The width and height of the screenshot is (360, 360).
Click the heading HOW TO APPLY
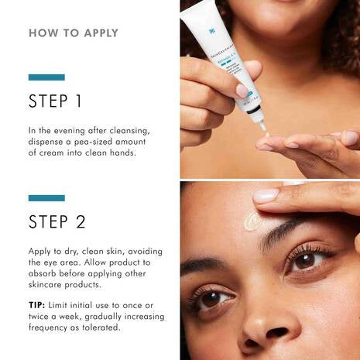point(74,33)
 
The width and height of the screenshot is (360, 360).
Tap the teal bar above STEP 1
point(46,77)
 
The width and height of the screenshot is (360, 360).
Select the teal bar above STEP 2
point(46,198)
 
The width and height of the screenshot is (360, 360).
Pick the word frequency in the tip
point(53,327)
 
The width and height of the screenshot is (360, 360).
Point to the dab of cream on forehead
point(252,221)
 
